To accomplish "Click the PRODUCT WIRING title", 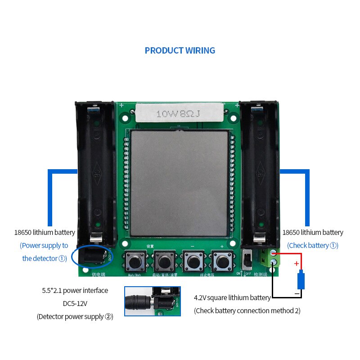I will click(180, 50).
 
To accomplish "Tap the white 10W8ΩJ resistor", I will click(180, 113).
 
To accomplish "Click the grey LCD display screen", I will click(179, 184).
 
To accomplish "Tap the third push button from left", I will click(193, 260).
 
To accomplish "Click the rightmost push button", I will click(221, 260).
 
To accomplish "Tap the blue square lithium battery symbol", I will click(301, 280).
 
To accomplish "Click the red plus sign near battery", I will click(296, 264).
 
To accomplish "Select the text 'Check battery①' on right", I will click(313, 245).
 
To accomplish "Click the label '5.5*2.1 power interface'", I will click(75, 290).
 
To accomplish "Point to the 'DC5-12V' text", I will click(75, 303).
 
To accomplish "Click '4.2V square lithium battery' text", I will click(232, 297).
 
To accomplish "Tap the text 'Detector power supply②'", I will click(75, 316).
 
